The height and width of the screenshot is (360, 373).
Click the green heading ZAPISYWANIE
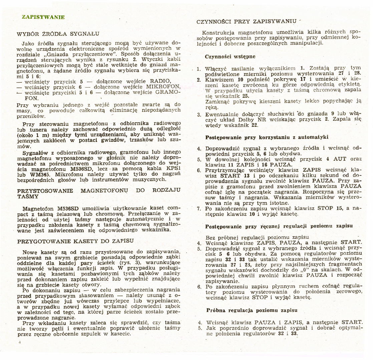(x=43, y=17)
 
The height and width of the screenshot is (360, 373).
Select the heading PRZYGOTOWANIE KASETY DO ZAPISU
(x=75, y=241)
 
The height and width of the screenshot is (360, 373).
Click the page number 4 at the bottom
(x=20, y=343)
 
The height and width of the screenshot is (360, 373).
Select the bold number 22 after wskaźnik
(x=255, y=125)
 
